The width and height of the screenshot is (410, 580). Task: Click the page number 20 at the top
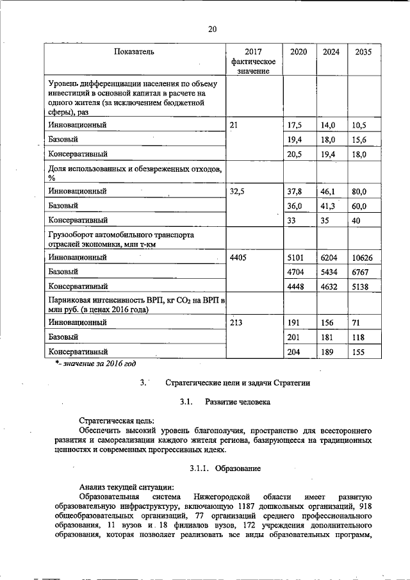tap(213, 28)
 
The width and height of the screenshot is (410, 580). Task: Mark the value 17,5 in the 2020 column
tap(295, 125)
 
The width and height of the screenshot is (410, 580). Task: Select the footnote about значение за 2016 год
tap(95, 364)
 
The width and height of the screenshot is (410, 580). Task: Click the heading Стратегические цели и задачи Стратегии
tap(237, 383)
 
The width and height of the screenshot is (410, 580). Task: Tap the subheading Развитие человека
tap(238, 402)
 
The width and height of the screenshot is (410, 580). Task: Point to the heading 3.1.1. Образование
tap(225, 469)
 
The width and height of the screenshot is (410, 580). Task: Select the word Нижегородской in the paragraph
tap(220, 497)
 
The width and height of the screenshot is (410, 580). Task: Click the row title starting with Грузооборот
tap(120, 239)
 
